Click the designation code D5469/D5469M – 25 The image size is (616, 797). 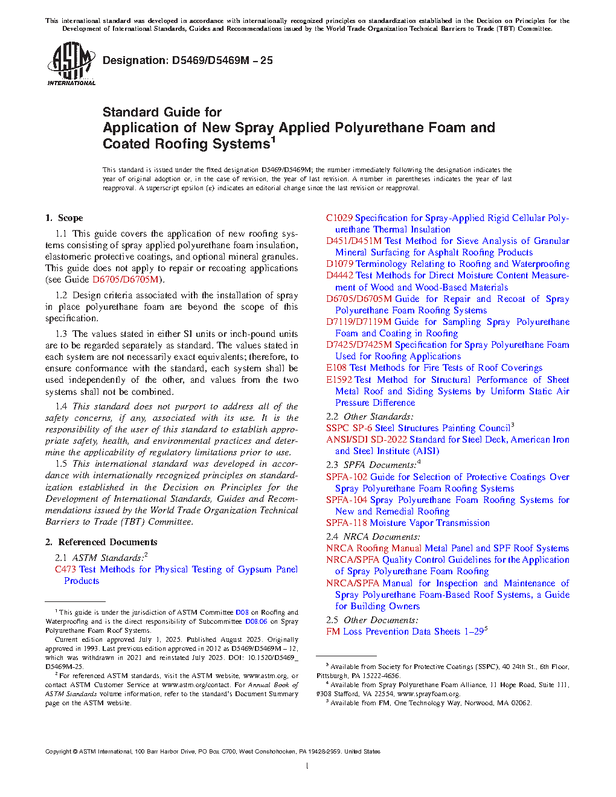[188, 60]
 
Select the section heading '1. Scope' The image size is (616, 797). [64, 218]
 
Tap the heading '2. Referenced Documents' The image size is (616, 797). [101, 542]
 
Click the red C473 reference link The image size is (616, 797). [65, 569]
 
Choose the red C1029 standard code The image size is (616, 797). [339, 218]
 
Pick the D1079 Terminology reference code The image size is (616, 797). [339, 264]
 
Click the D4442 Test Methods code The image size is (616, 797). [339, 275]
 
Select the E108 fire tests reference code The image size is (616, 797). [336, 368]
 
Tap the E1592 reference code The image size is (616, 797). [340, 380]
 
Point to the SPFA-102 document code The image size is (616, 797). [347, 477]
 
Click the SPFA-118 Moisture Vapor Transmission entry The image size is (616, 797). [408, 523]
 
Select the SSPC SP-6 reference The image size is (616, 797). [349, 428]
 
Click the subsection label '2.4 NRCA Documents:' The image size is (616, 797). [373, 537]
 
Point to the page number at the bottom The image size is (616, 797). [307, 766]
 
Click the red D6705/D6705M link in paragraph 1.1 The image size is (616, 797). [125, 280]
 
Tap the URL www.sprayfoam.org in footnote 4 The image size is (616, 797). [428, 694]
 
